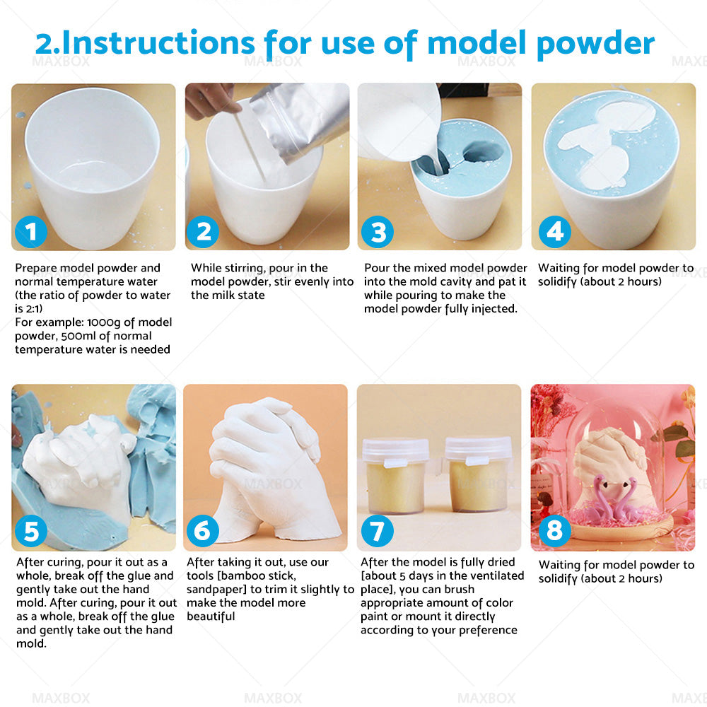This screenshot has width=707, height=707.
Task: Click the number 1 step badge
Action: tap(30, 231)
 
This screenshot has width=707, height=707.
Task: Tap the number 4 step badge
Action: tap(555, 231)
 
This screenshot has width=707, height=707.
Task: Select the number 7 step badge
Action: tap(378, 532)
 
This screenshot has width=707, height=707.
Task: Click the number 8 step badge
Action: tap(555, 532)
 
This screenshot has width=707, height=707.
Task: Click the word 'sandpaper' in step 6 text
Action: tap(212, 590)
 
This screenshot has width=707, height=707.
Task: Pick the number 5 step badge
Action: tap(30, 532)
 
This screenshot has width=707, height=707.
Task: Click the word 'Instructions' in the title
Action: tap(159, 42)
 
